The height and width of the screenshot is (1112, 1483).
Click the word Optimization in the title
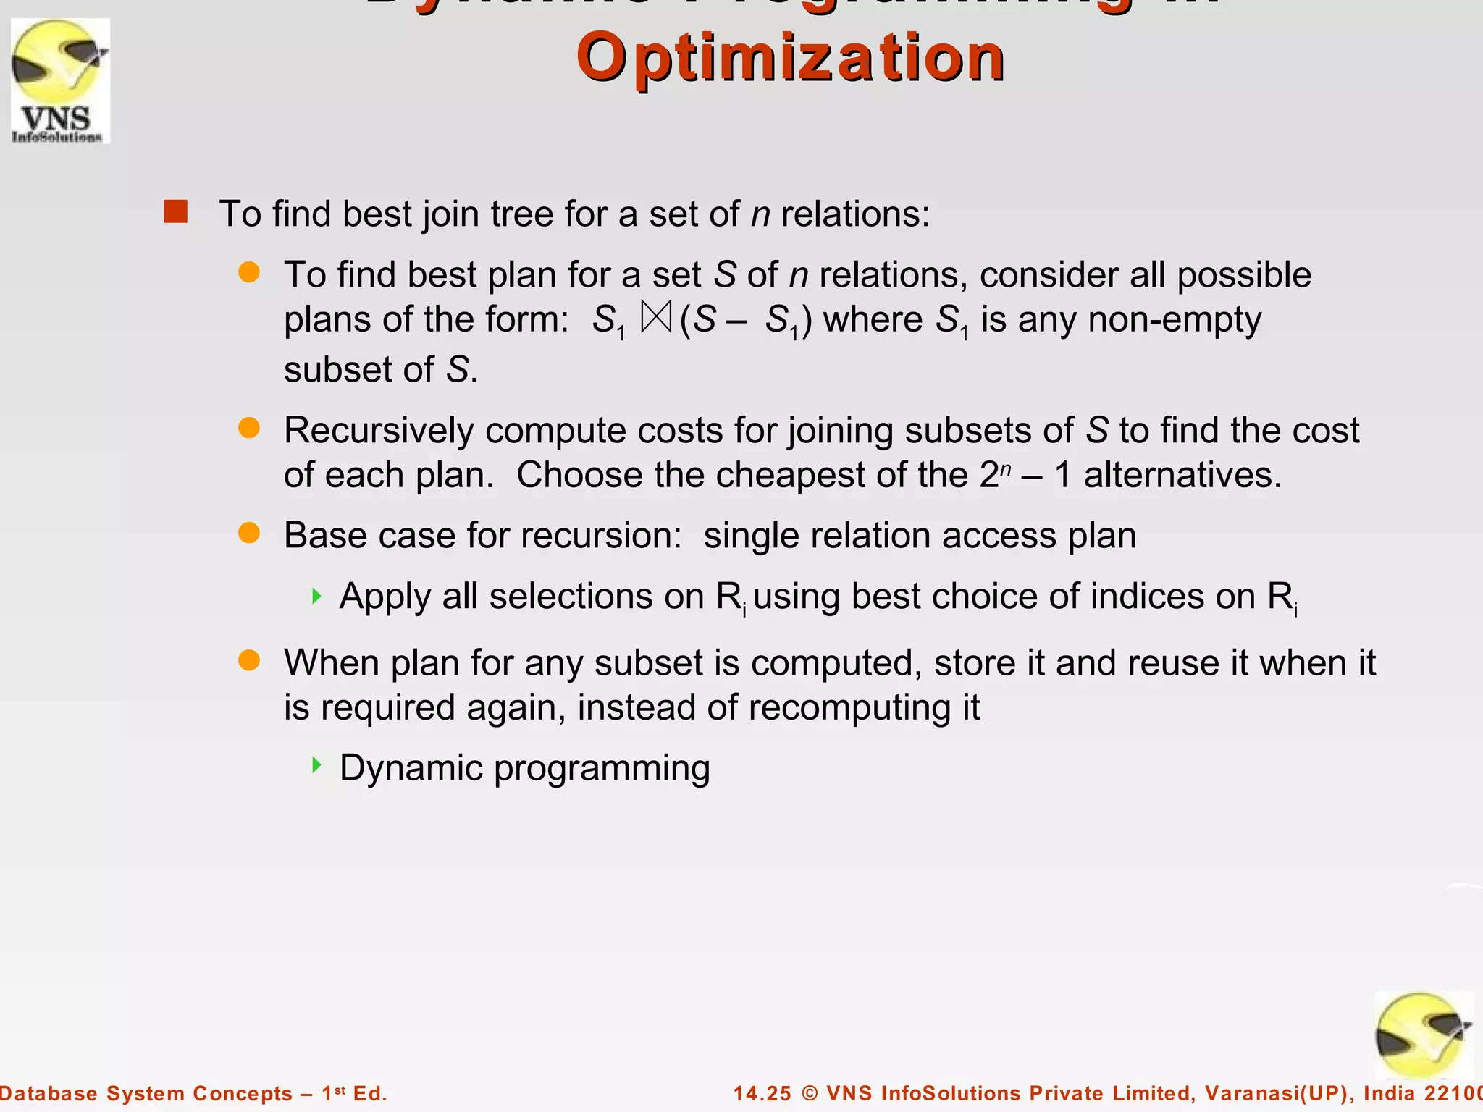[x=790, y=58]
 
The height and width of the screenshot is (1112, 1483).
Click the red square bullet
[x=176, y=212]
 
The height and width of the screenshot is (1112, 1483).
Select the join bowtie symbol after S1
[x=657, y=319]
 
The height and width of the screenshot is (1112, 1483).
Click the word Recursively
[x=379, y=431]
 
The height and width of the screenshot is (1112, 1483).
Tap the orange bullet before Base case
[x=249, y=534]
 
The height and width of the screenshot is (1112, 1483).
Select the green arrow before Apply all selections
[x=316, y=597]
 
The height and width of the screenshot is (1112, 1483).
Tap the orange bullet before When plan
[x=249, y=660]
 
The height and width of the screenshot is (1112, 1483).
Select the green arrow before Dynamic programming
[x=316, y=765]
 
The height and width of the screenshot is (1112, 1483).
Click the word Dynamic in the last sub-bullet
[x=411, y=768]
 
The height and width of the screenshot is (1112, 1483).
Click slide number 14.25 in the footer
[x=762, y=1093]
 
